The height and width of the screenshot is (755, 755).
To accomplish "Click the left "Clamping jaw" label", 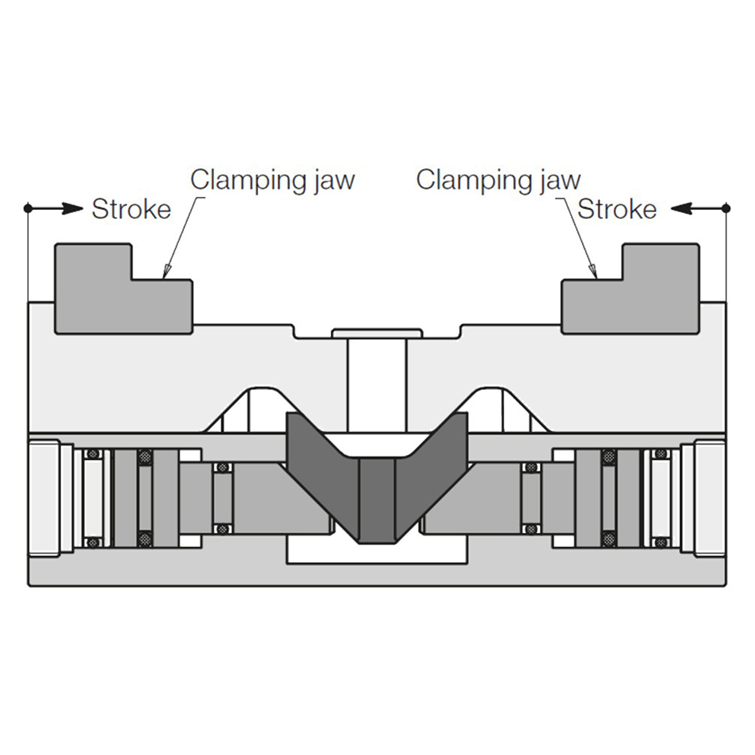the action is click(273, 180).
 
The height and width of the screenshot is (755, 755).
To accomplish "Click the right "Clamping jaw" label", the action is click(498, 180).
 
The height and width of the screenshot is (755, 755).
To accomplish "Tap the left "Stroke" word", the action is click(132, 209).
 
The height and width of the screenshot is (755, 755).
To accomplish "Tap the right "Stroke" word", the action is click(617, 209).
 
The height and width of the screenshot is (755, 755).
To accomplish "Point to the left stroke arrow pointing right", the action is click(55, 208).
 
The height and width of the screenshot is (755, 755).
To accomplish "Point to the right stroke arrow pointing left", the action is click(698, 208).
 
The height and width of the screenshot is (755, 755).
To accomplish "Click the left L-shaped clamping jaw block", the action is click(123, 289).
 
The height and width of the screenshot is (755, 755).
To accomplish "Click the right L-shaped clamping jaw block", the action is click(631, 289).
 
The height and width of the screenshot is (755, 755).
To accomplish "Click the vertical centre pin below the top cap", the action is click(377, 384).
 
